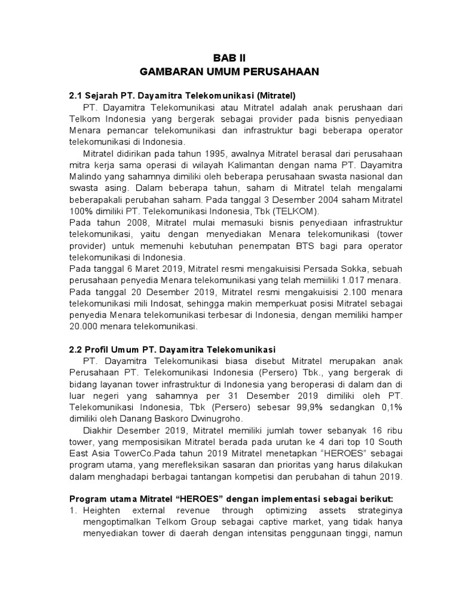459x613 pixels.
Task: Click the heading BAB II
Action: pos(229,58)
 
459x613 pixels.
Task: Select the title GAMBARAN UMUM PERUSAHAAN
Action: pos(229,72)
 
